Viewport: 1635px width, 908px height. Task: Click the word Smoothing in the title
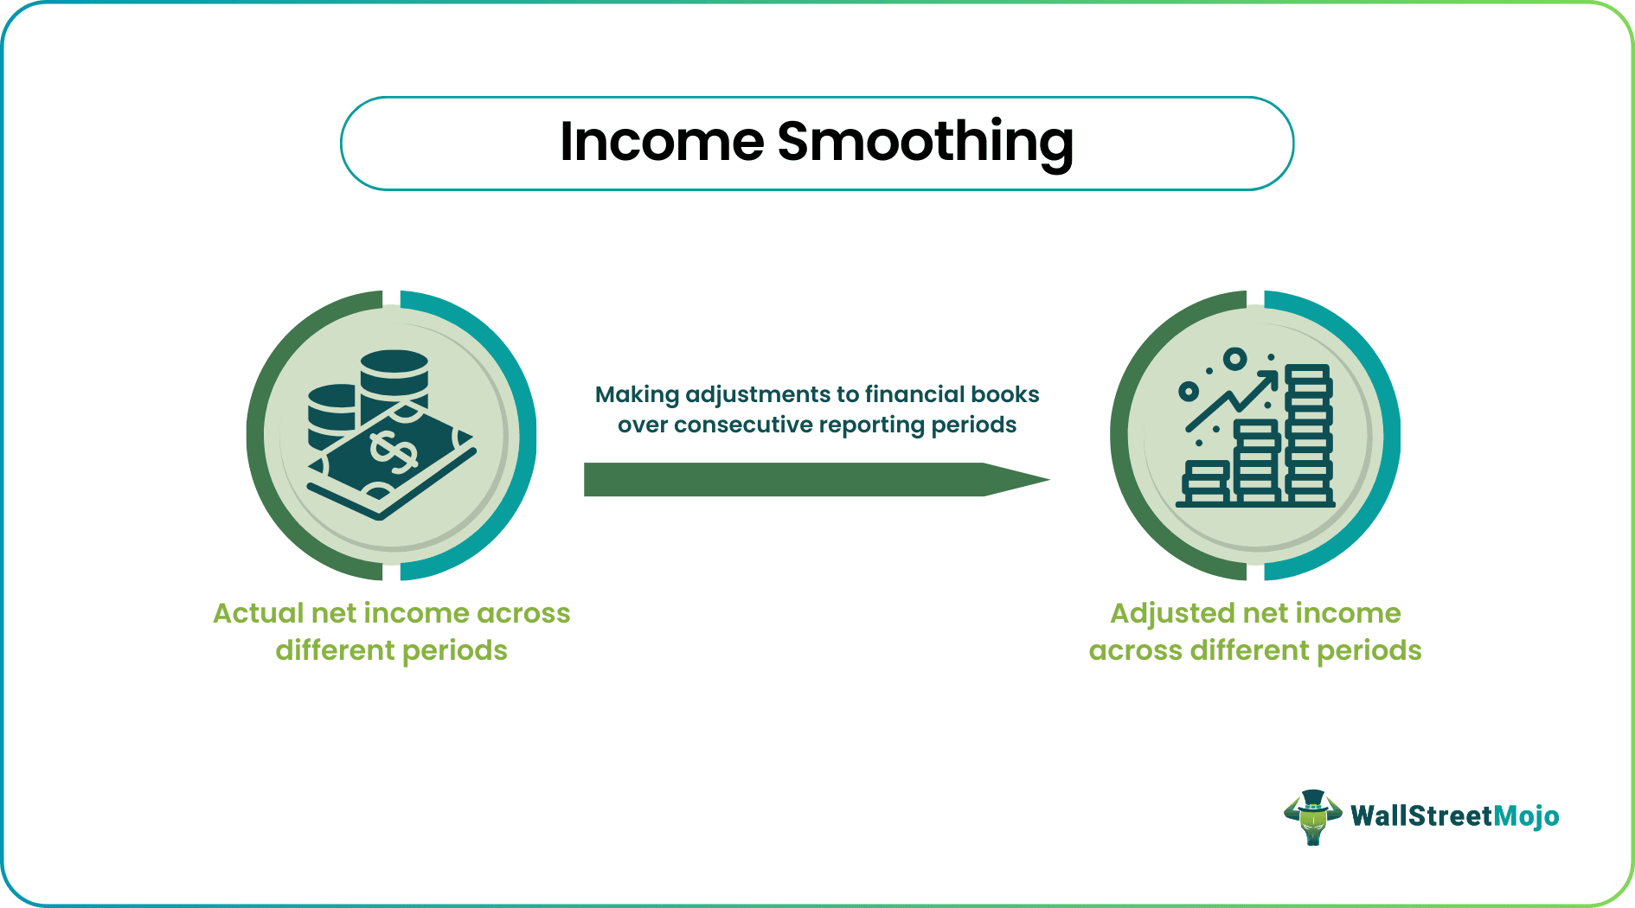tap(925, 143)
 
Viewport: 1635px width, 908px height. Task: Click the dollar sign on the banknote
tap(393, 452)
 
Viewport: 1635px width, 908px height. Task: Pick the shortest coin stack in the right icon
tap(1206, 483)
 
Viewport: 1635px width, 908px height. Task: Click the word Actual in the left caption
tap(258, 613)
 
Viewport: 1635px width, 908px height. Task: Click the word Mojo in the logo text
tap(1526, 816)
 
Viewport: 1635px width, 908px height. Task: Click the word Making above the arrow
tap(637, 394)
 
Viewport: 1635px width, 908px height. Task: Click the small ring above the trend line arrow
tap(1235, 358)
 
